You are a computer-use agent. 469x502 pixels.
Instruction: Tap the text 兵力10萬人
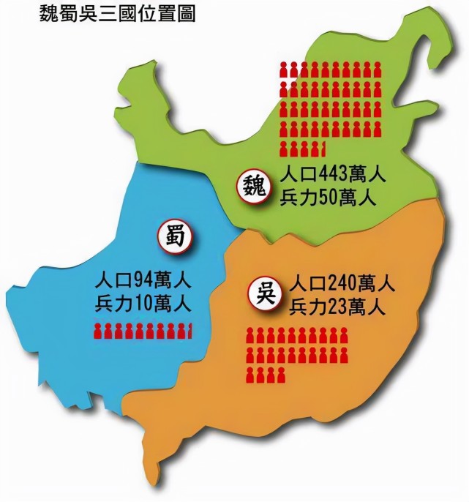(x=143, y=301)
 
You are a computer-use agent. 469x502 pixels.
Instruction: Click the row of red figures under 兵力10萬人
(x=142, y=331)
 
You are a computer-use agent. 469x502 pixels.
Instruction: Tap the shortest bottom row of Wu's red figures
(x=265, y=376)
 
